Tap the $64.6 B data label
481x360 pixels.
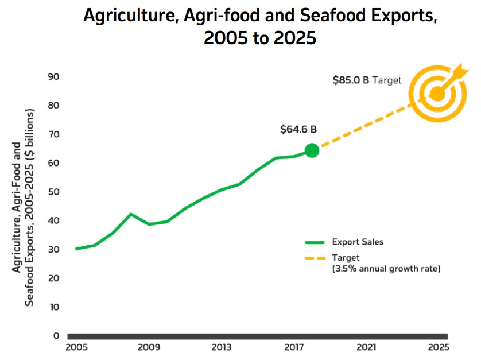tap(298, 129)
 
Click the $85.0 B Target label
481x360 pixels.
tap(367, 80)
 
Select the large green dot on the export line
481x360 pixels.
tap(312, 150)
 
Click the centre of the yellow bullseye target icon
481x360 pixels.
tap(437, 93)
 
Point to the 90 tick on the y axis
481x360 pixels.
tap(55, 76)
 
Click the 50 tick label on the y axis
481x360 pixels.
tap(55, 192)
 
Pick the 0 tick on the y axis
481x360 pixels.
tap(57, 336)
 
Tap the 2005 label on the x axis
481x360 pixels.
tap(76, 347)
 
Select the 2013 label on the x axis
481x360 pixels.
tap(221, 347)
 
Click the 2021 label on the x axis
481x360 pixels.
tap(366, 347)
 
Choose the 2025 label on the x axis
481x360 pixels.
tap(439, 347)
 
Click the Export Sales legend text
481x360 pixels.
tap(357, 242)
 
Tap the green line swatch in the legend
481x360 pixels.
tap(315, 242)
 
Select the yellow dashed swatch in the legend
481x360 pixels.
tap(315, 258)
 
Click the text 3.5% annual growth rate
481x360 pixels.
tap(386, 268)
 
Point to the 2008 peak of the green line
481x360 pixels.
tap(131, 214)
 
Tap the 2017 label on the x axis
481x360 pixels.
tap(293, 347)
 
